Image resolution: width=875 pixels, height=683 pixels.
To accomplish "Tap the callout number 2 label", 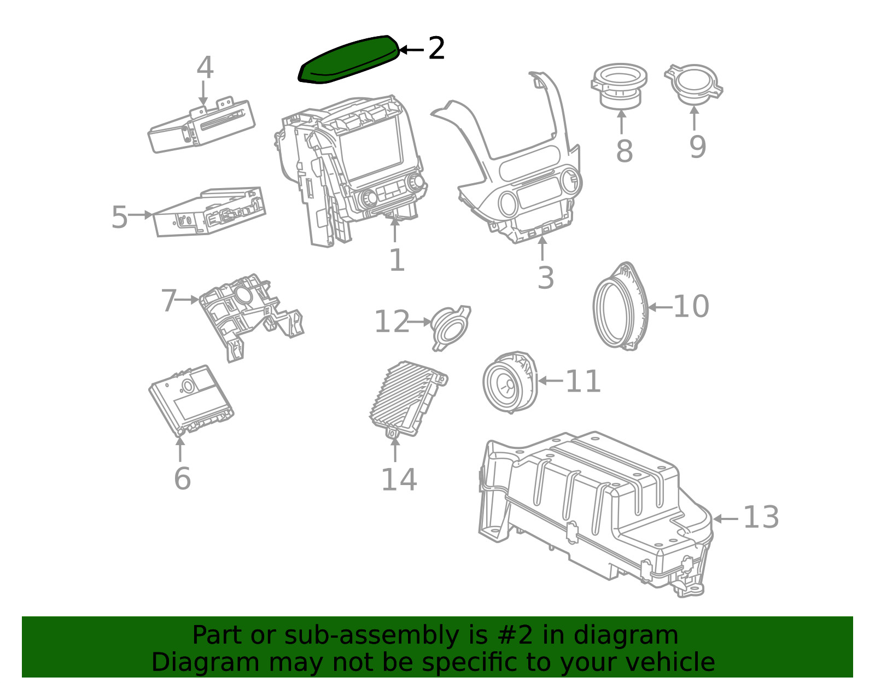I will tap(436, 49).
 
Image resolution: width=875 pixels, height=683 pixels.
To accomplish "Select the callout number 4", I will tap(205, 68).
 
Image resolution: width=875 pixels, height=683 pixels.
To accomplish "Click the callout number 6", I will tap(182, 478).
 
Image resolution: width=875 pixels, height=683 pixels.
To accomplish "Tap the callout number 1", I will tap(396, 260).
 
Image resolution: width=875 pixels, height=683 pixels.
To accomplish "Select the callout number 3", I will tap(545, 277).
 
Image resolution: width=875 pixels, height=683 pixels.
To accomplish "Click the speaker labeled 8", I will tap(619, 87).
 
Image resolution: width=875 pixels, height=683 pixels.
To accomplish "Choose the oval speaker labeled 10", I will tap(620, 306).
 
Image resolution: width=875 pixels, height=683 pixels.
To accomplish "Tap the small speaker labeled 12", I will tap(450, 326).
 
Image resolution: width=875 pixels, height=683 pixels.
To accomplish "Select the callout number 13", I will tap(761, 517).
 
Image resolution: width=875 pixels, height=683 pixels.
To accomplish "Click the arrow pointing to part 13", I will tap(725, 518).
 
